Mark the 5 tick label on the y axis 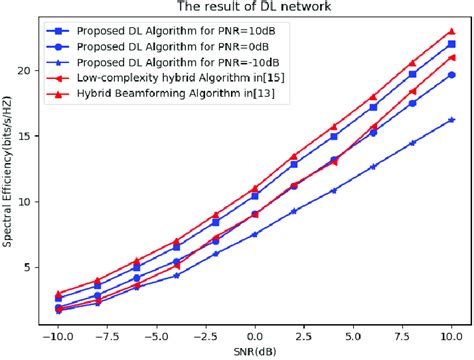point(35,267)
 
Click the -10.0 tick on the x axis point(59,326)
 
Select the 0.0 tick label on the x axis point(255,326)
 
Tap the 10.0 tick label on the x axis point(451,326)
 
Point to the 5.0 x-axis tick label point(353,326)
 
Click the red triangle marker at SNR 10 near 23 point(452,31)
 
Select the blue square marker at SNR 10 point(452,44)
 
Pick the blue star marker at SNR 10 point(452,120)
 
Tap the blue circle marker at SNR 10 point(452,75)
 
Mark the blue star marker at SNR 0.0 point(255,234)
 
